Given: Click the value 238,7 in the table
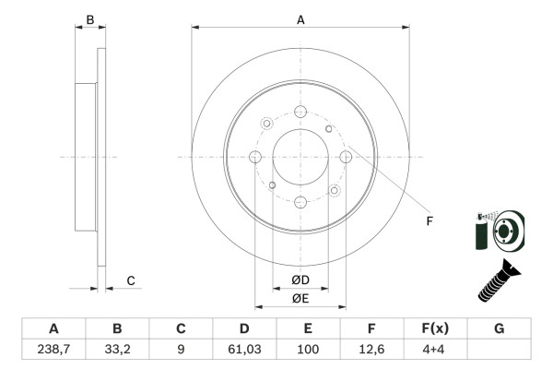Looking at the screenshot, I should (53, 348).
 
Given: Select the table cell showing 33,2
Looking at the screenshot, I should (117, 348).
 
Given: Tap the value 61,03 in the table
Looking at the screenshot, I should (244, 348).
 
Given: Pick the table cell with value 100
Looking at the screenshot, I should (308, 348).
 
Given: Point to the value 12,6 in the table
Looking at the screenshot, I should (371, 348).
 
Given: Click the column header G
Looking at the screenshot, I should (499, 328).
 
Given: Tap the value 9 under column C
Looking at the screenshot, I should (181, 348).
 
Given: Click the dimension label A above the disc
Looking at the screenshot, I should (300, 18).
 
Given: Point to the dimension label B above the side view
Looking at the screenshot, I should (89, 19).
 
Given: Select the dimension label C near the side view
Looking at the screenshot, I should (131, 280).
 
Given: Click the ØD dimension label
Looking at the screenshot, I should (300, 280).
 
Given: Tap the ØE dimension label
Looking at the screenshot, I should (300, 298).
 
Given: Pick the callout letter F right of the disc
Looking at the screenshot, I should (429, 220).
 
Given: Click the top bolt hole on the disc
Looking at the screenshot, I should (300, 113).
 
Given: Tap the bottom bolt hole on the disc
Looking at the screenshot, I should (300, 202).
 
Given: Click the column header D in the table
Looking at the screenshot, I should (244, 328).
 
